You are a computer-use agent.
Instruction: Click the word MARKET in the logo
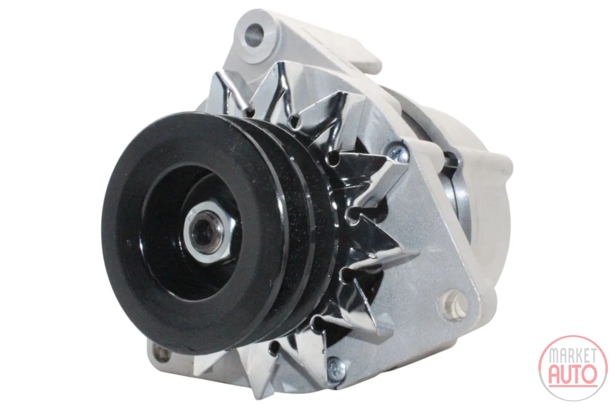[573, 356]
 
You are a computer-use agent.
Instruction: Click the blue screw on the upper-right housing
[397, 153]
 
